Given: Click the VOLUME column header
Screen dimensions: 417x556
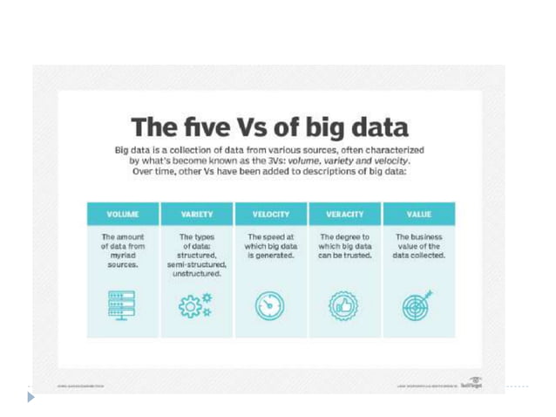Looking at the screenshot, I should click(x=123, y=214).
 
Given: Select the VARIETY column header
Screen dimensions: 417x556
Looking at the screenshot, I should click(x=197, y=214).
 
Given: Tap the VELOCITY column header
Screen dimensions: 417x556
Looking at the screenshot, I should click(x=271, y=214).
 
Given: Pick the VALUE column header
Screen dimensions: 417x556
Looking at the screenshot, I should click(x=419, y=214).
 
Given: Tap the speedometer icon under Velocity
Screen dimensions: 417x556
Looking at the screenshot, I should click(x=270, y=306).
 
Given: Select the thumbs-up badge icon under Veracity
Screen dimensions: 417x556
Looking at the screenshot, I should click(x=343, y=306).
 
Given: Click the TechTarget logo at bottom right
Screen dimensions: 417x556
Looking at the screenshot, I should click(x=475, y=382).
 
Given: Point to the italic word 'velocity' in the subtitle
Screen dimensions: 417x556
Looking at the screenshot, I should click(x=385, y=161).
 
